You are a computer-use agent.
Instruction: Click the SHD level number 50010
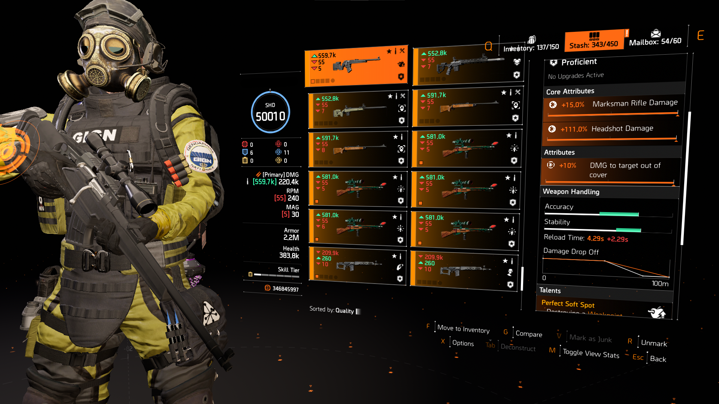270,116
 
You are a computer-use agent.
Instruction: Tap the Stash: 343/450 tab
594,44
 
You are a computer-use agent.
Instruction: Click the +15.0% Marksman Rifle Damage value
573,105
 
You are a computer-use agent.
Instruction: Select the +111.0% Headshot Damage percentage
573,129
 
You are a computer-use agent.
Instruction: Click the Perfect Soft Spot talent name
568,304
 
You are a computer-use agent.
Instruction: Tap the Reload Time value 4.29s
595,238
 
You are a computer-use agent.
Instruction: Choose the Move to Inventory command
463,329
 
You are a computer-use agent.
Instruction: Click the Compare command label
529,334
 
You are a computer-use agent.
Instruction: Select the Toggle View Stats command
591,353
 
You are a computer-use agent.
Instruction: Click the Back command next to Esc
658,359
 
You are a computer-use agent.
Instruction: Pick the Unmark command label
654,343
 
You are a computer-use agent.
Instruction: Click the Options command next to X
463,343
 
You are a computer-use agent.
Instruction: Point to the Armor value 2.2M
291,238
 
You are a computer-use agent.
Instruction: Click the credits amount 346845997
285,289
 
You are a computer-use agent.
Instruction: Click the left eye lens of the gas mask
91,46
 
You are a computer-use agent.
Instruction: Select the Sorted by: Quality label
331,310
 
